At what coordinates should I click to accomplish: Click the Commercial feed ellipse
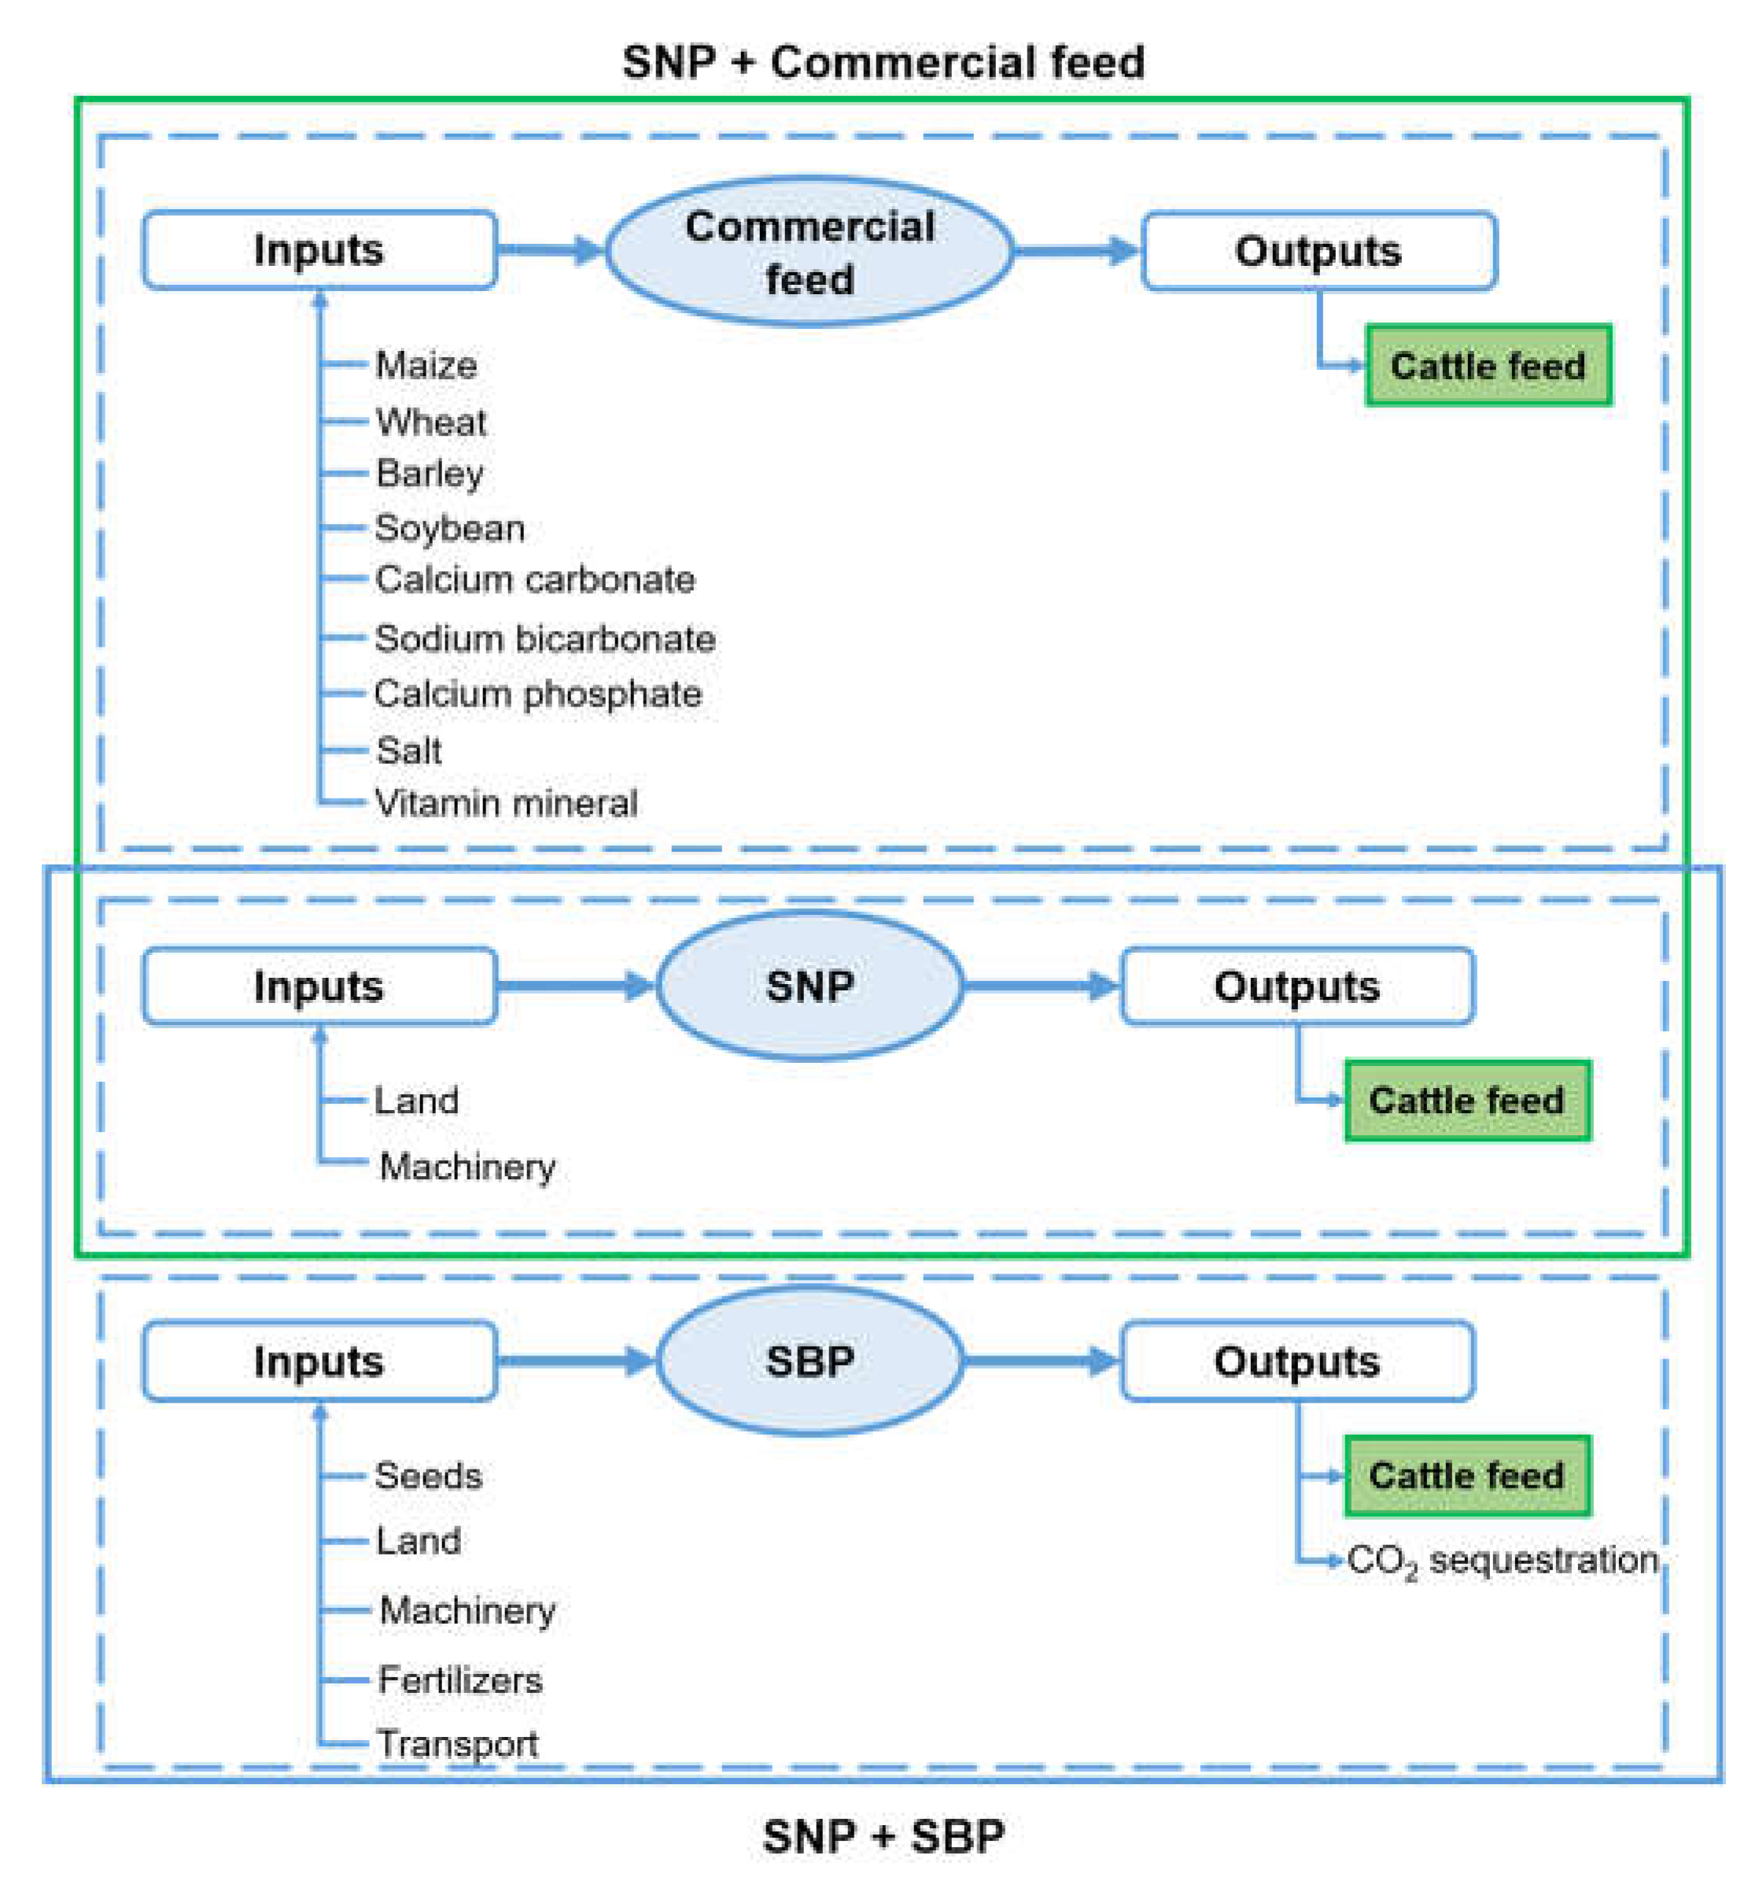pos(809,251)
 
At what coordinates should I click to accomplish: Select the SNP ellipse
pos(809,985)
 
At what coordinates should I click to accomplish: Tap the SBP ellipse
pos(809,1359)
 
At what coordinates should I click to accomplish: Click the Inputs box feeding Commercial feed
pos(319,249)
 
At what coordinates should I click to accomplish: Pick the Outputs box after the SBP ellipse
pos(1296,1360)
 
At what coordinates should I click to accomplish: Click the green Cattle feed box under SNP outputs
pos(1466,1100)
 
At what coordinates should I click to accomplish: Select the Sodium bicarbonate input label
pos(544,638)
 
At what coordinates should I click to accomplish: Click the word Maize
pos(426,364)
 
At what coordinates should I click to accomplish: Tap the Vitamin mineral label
pos(506,802)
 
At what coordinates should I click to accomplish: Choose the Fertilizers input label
pos(460,1679)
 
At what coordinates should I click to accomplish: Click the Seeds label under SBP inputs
pos(428,1475)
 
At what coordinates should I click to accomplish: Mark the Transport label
pos(457,1743)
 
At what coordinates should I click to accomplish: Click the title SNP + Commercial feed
pos(882,62)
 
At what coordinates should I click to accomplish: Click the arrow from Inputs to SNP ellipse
pos(574,985)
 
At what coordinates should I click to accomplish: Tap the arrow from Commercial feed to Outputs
pos(1076,251)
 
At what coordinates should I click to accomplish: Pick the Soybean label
pos(449,528)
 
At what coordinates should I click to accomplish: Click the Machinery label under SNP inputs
pos(467,1166)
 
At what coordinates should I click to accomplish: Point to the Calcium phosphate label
pos(537,694)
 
